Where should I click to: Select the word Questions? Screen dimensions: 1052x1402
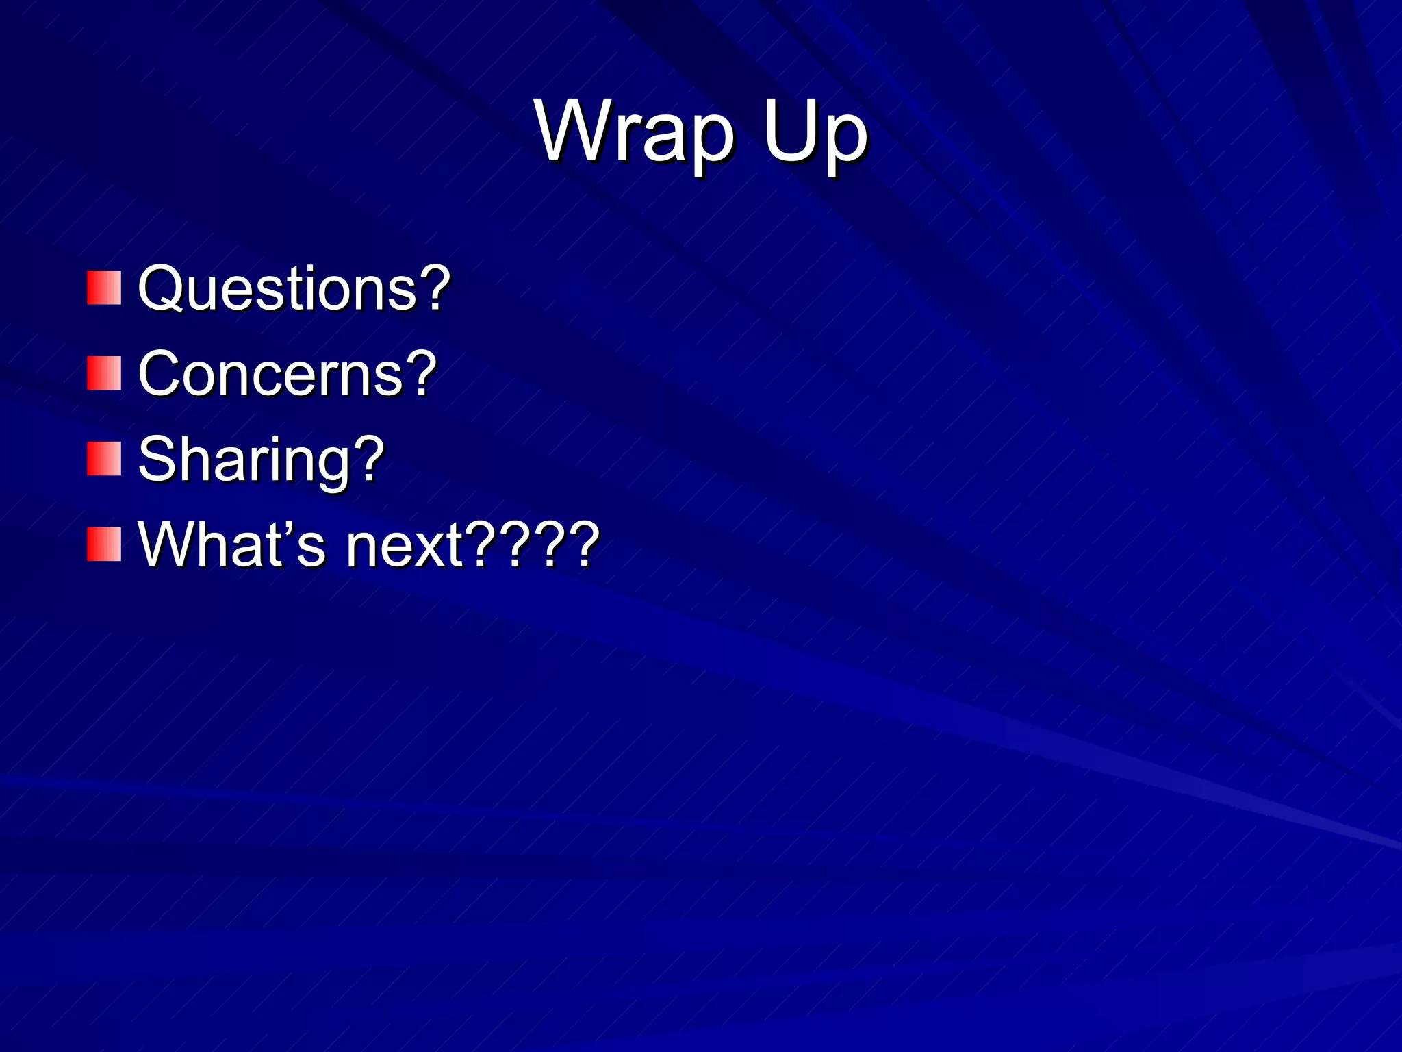click(277, 288)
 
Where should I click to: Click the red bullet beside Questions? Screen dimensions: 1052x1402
click(104, 288)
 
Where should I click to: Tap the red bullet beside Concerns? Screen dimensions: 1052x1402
click(104, 373)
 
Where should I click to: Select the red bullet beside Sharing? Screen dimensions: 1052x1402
click(104, 459)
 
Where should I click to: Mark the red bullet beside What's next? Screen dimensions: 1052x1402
click(104, 544)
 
